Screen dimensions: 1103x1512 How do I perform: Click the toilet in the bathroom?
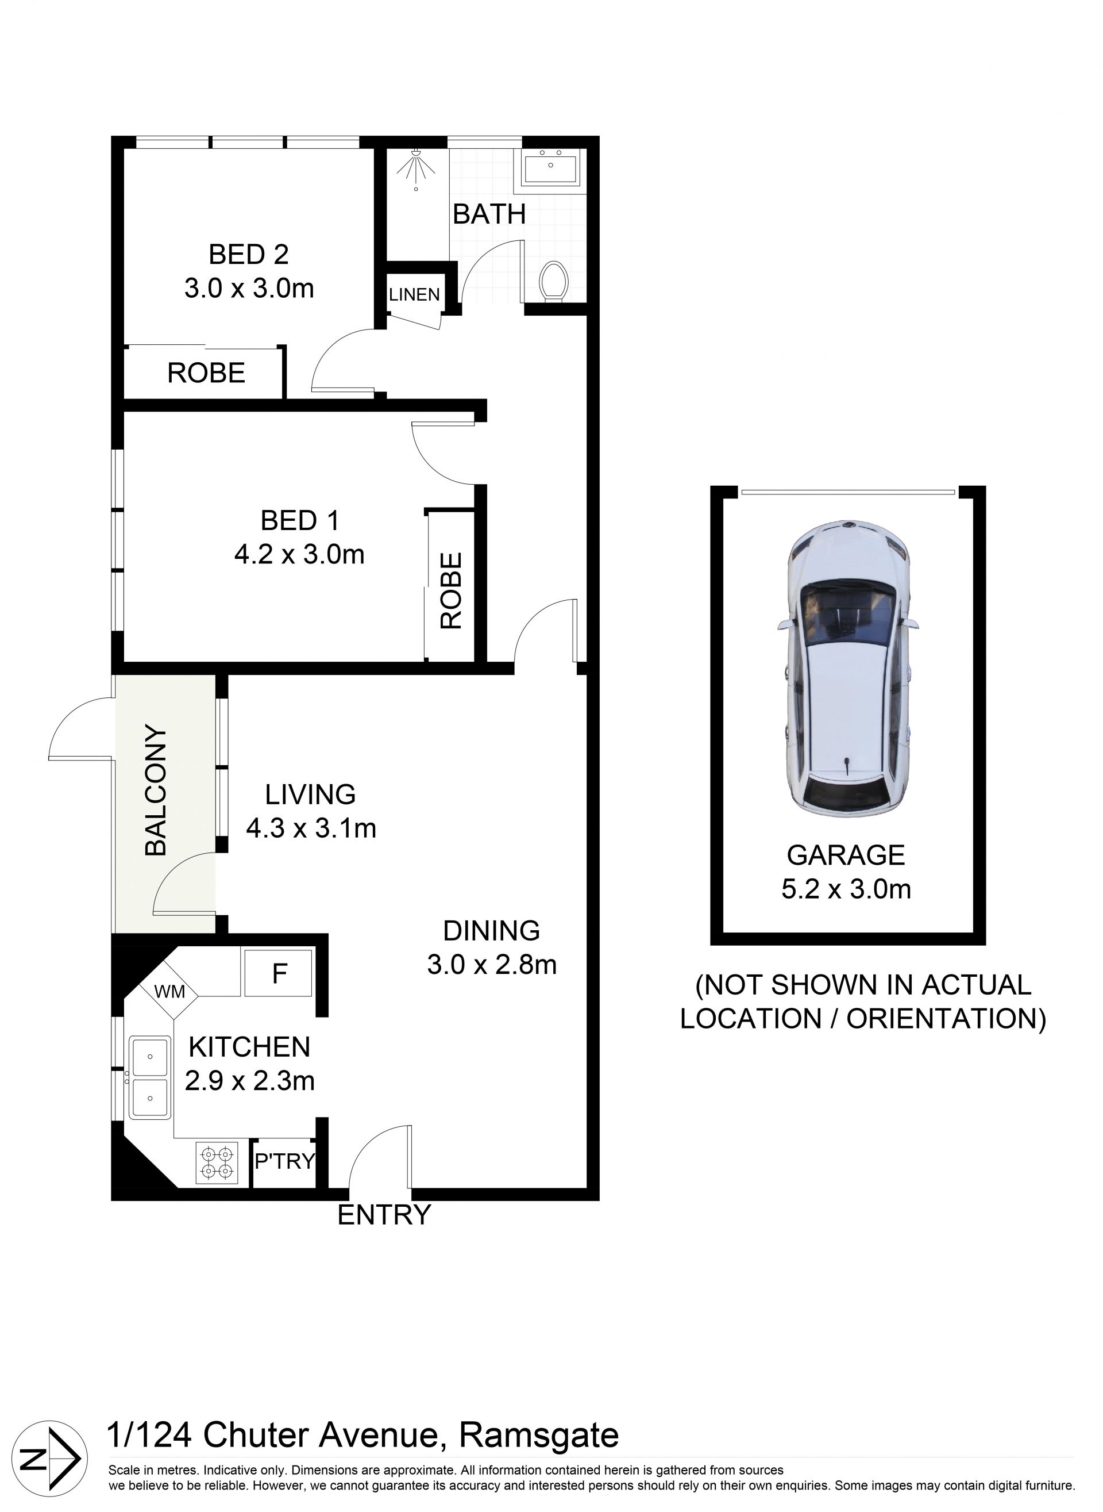point(553,281)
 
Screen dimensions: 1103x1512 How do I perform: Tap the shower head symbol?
point(416,167)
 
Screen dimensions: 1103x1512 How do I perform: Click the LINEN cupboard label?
point(414,295)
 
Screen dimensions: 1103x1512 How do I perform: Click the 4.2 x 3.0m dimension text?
point(299,555)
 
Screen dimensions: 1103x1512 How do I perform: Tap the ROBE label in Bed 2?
point(206,373)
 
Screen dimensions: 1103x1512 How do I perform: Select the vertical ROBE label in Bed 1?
point(452,590)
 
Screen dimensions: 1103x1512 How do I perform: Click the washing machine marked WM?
point(169,991)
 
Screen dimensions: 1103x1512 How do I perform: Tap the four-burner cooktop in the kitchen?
point(217,1163)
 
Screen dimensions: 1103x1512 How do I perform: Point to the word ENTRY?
point(384,1215)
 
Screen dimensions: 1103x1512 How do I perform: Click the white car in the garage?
point(847,667)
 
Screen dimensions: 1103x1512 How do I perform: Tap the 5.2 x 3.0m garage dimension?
point(846,889)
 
